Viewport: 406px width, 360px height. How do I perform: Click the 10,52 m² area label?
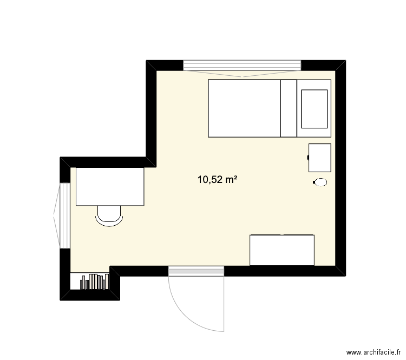click(218, 180)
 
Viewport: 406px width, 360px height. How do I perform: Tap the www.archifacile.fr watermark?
click(374, 352)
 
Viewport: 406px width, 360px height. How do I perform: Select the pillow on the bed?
click(315, 109)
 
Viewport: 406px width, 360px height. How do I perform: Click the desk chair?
click(109, 216)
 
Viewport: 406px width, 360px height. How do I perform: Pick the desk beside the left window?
click(110, 186)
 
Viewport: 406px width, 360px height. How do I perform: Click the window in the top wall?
click(243, 66)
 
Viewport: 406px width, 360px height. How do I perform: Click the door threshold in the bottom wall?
click(196, 271)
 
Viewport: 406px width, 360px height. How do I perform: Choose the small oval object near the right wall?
click(320, 182)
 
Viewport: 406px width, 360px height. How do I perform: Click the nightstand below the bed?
click(320, 158)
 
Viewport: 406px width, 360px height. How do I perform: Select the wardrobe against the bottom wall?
click(282, 250)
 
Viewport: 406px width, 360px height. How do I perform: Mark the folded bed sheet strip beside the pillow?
click(289, 108)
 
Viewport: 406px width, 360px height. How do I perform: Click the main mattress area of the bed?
click(245, 108)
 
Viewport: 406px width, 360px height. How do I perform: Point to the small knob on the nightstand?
click(308, 157)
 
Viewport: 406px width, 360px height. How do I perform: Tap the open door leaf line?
click(224, 303)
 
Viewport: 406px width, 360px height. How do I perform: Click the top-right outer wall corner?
click(346, 60)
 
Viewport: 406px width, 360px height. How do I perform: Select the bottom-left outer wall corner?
click(60, 300)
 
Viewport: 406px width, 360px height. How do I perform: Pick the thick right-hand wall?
click(340, 168)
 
